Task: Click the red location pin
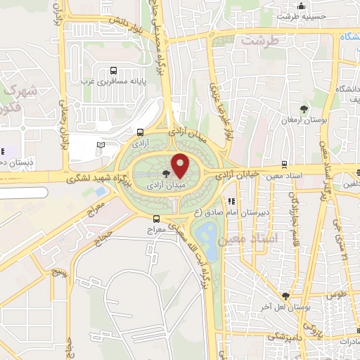tap(180, 165)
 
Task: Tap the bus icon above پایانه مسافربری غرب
tap(114, 70)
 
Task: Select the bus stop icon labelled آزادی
tap(141, 132)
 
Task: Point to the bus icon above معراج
tap(155, 219)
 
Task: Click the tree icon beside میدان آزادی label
tap(166, 173)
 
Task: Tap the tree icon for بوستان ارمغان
tap(304, 109)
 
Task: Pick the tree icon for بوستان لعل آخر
tap(285, 296)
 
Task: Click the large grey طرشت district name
tap(260, 40)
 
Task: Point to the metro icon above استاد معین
tap(283, 164)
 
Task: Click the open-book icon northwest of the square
tap(101, 144)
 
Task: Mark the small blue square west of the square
tap(101, 191)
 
